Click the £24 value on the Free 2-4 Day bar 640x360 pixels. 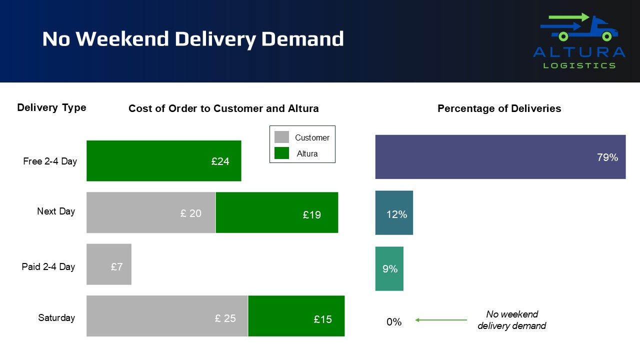point(220,161)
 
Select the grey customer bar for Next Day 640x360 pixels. point(151,212)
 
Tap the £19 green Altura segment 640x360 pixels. point(277,212)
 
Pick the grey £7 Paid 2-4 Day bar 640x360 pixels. point(109,264)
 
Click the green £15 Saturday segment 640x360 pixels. point(296,316)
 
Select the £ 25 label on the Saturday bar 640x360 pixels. point(225,318)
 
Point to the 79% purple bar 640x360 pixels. point(500,157)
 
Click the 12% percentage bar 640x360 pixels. point(394,213)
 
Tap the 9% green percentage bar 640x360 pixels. point(389,268)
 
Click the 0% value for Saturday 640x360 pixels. point(394,322)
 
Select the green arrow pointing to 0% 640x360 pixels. point(441,320)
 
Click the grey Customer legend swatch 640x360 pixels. point(281,137)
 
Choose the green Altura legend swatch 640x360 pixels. point(281,153)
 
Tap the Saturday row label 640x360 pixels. point(56,317)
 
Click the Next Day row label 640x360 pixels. point(56,211)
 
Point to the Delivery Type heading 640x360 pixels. point(51,107)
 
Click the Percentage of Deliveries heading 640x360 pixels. point(499,108)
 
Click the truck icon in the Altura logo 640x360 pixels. point(579,27)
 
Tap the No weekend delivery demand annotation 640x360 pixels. point(511,320)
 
